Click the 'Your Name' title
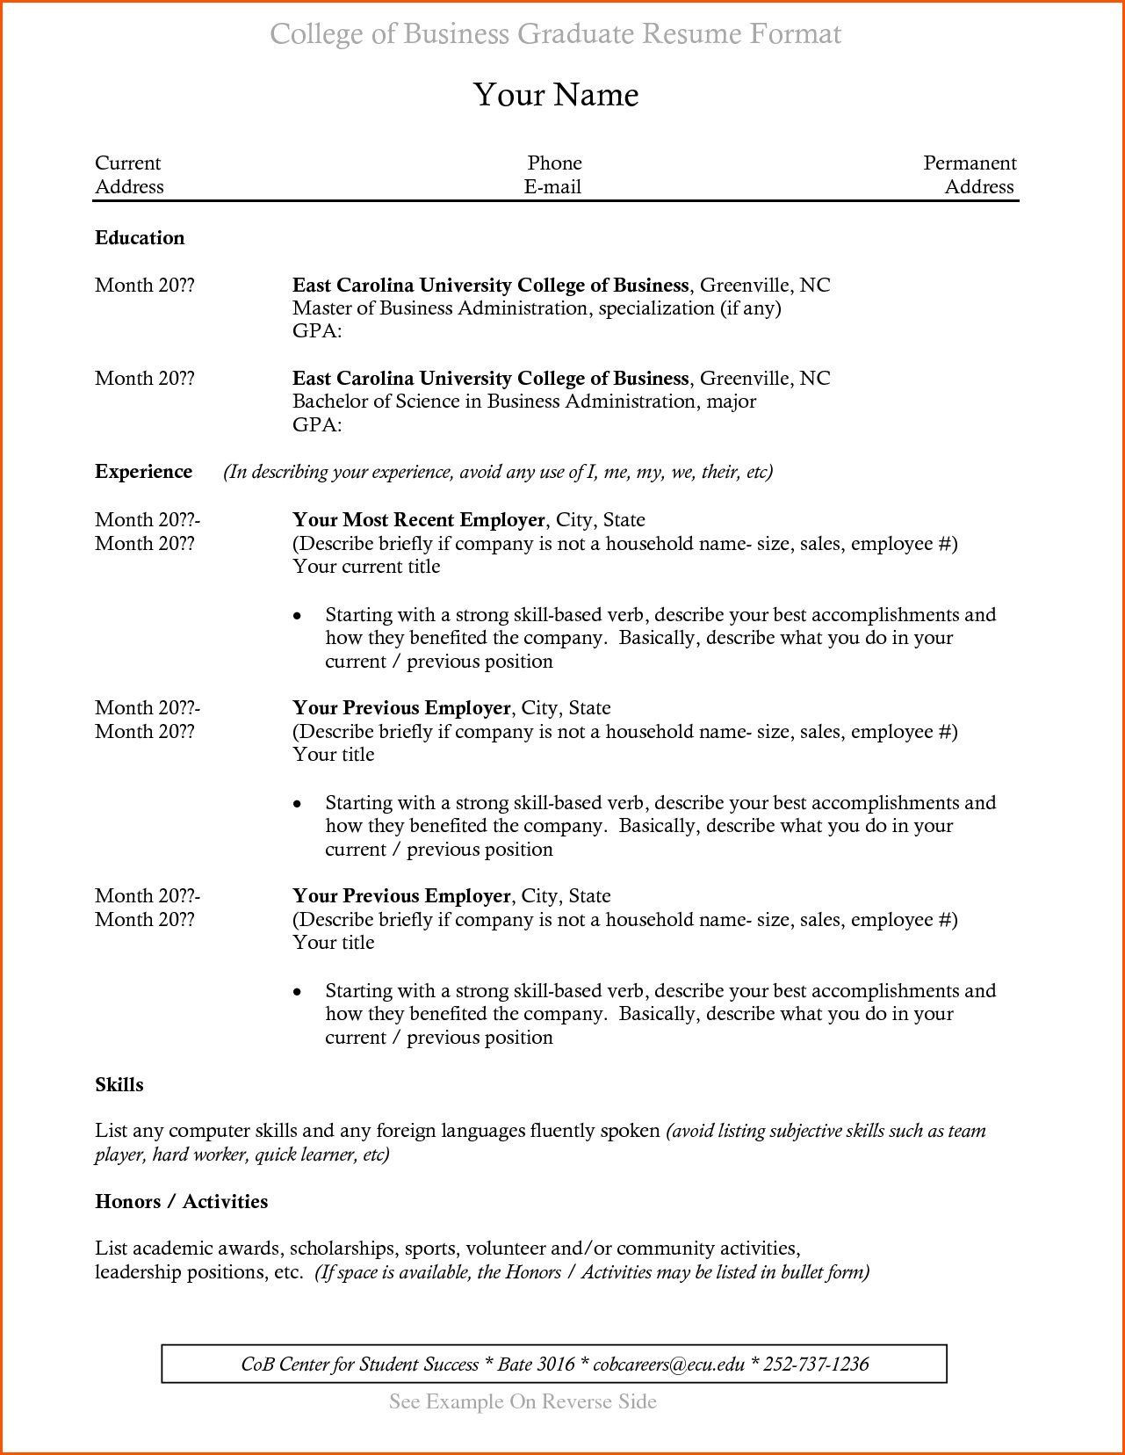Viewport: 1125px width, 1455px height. tap(556, 95)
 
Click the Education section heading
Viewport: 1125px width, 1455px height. tap(140, 238)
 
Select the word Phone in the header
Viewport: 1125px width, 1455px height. tap(554, 163)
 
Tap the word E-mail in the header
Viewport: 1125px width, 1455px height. tap(552, 187)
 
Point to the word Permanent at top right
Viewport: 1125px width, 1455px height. tap(970, 163)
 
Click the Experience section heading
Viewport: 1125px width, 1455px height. tap(143, 472)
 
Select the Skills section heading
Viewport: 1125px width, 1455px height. tap(119, 1085)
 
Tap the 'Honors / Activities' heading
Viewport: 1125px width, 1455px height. tap(181, 1202)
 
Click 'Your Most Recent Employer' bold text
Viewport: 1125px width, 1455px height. tap(418, 520)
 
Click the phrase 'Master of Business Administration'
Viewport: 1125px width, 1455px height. tap(440, 308)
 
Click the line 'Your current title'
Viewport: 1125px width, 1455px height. tap(366, 567)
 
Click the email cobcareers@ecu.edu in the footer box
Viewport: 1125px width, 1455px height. tap(669, 1365)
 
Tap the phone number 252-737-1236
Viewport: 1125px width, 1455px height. tap(816, 1365)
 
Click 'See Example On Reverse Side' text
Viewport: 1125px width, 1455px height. tap(523, 1401)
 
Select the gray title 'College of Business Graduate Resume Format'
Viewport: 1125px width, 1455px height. tap(555, 34)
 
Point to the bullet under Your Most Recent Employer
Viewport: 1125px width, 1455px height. tap(298, 616)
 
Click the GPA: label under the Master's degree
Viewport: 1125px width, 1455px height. tap(316, 331)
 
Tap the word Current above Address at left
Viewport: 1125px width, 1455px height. tap(127, 163)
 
